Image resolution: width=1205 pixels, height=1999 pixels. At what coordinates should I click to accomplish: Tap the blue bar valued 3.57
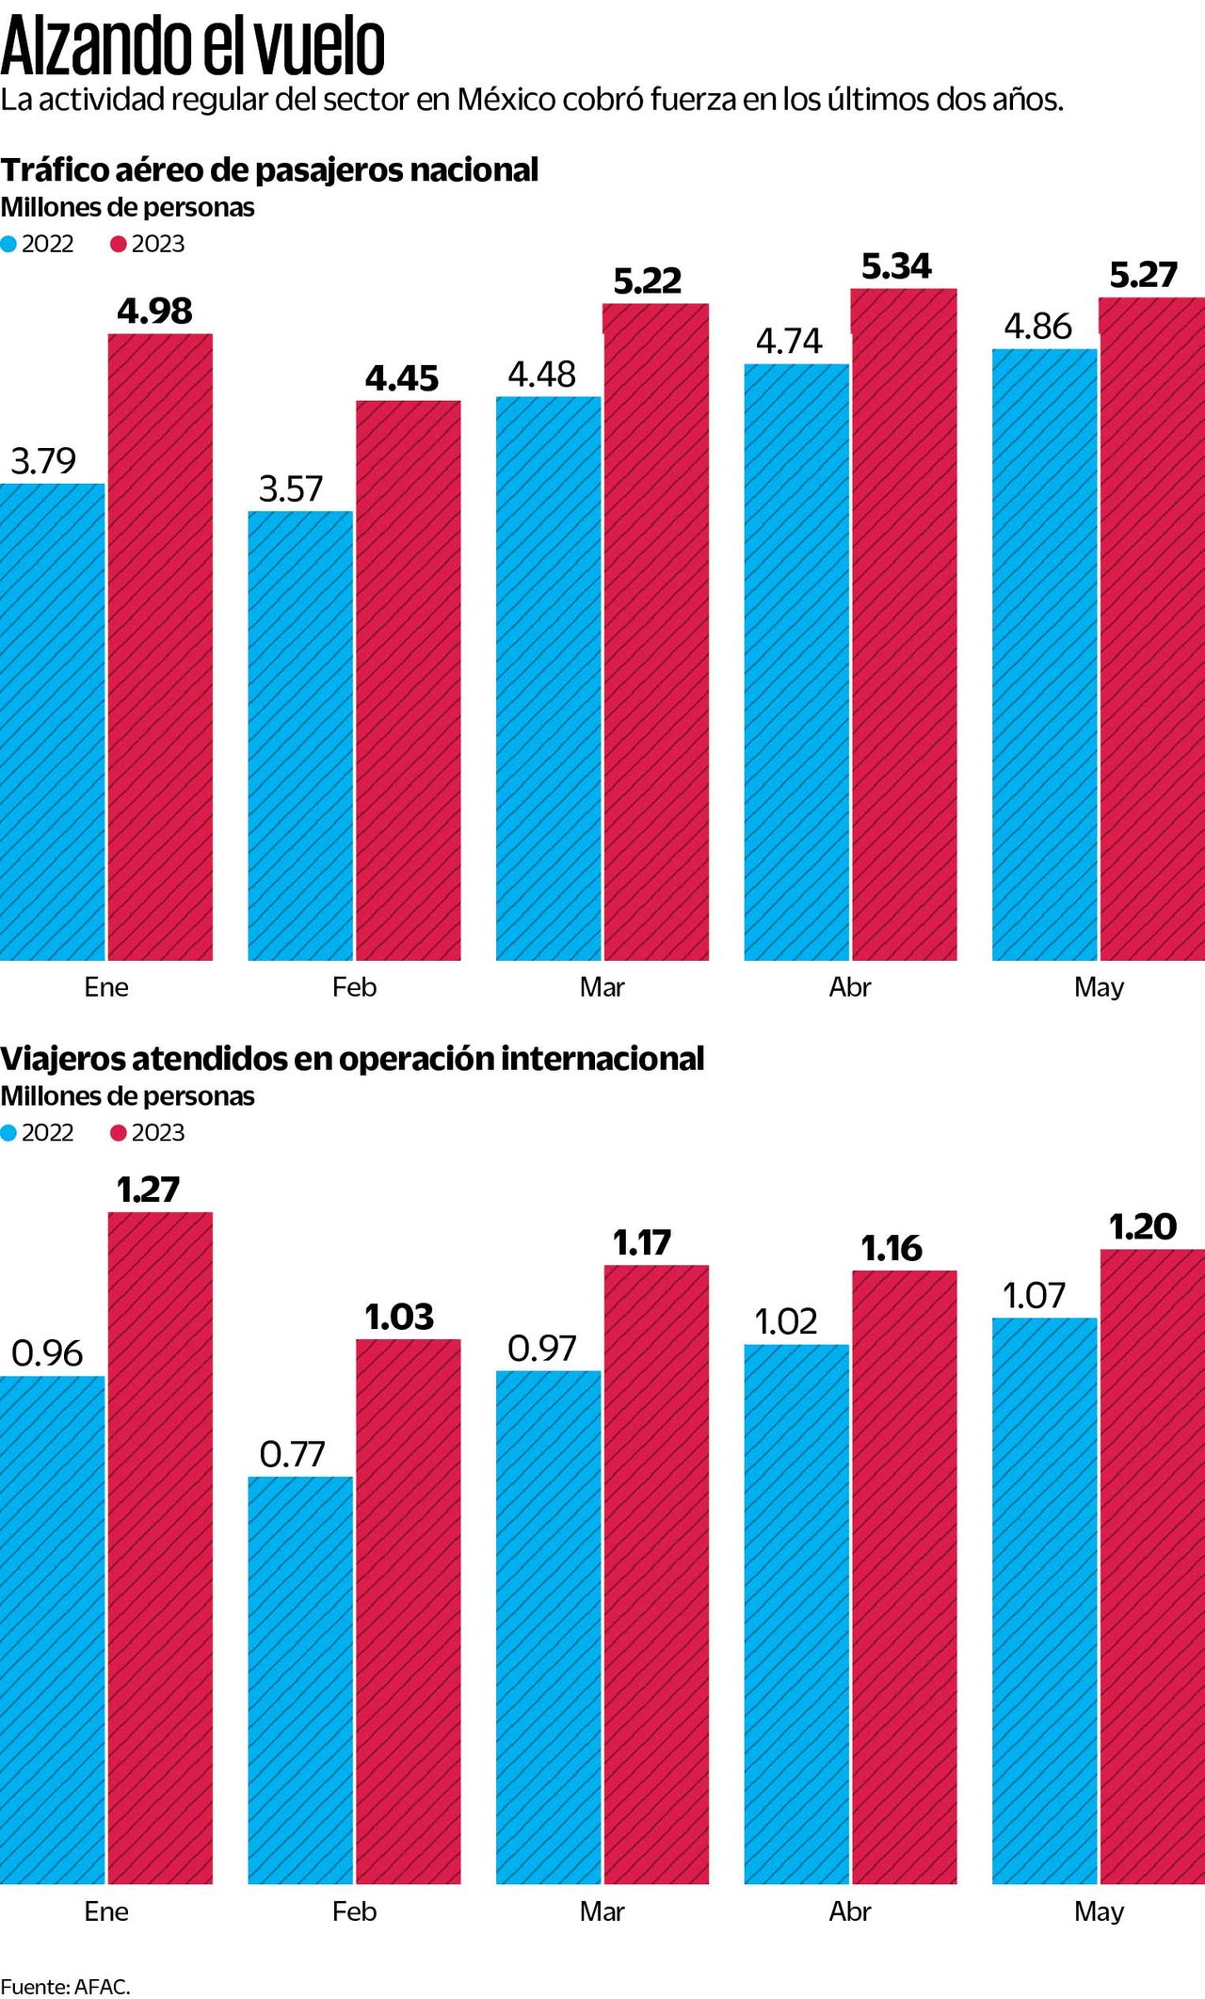coord(300,735)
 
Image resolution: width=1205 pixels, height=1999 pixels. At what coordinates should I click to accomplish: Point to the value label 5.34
coord(896,267)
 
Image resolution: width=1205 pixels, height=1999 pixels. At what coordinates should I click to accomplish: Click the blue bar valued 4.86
coord(1044,654)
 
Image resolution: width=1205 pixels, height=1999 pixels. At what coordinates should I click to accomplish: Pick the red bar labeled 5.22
coord(656,632)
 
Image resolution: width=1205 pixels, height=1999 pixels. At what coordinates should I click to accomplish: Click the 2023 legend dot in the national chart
coord(118,245)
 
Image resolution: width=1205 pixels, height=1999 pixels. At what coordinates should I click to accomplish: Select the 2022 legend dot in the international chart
coord(8,1133)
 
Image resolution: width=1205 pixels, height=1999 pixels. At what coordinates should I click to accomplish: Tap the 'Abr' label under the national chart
coord(850,987)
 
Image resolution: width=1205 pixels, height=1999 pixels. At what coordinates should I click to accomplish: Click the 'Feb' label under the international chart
coord(354,1911)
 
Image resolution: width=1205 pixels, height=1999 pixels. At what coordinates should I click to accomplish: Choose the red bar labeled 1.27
coord(160,1548)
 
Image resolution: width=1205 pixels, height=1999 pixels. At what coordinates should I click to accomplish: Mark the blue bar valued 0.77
coord(300,1680)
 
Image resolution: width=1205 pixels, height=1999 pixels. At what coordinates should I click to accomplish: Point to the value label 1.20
coord(1143,1227)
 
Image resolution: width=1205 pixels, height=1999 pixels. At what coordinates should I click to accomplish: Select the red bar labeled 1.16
coord(905,1577)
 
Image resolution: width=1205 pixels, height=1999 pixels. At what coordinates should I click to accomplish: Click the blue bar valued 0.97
coord(548,1627)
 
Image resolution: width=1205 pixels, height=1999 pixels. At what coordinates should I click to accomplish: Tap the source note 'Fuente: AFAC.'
coord(65,1987)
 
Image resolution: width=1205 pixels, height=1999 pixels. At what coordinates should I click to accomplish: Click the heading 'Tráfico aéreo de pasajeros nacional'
coord(269,170)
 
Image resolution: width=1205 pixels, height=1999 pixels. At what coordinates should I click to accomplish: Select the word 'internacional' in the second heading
coord(602,1059)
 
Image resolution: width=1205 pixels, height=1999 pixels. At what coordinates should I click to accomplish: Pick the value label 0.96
coord(47,1353)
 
